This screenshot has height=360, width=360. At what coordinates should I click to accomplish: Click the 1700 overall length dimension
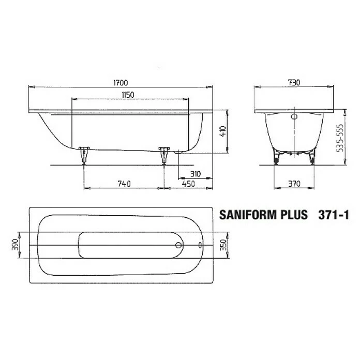pos(120,82)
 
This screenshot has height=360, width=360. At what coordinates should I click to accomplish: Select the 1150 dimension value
pos(127,94)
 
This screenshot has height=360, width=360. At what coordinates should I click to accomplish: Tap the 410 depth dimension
pos(222,131)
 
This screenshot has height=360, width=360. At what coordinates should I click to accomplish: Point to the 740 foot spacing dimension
pos(123,183)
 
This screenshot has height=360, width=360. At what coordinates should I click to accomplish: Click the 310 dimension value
pos(194,174)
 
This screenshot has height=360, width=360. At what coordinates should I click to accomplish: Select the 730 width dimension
pos(294,82)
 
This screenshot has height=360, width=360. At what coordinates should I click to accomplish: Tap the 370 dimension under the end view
pos(294,183)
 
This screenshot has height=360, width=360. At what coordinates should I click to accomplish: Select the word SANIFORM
pos(249,215)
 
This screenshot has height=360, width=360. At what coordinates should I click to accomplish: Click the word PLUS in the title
pos(294,215)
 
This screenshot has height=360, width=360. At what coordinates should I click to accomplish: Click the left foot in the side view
pos(84,155)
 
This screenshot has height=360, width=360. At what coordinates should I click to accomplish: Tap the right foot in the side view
pos(164,155)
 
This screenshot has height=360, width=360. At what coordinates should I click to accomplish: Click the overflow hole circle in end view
pos(294,117)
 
